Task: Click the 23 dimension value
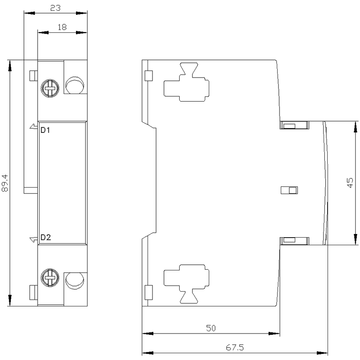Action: (56, 8)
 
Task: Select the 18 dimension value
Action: (62, 27)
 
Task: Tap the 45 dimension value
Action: (350, 183)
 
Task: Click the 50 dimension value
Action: (211, 328)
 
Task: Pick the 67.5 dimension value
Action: (235, 347)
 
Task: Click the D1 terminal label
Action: (45, 130)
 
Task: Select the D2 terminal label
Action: (46, 237)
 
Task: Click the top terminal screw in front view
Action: (50, 88)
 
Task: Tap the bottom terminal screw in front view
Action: (50, 278)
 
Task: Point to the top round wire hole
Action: (75, 85)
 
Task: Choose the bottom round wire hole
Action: (75, 281)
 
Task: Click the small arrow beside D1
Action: (33, 126)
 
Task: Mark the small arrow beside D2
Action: (33, 240)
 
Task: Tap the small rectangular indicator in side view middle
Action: (289, 190)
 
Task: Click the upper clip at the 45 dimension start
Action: (294, 125)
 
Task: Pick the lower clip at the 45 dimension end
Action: (294, 241)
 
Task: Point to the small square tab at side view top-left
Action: (149, 76)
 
